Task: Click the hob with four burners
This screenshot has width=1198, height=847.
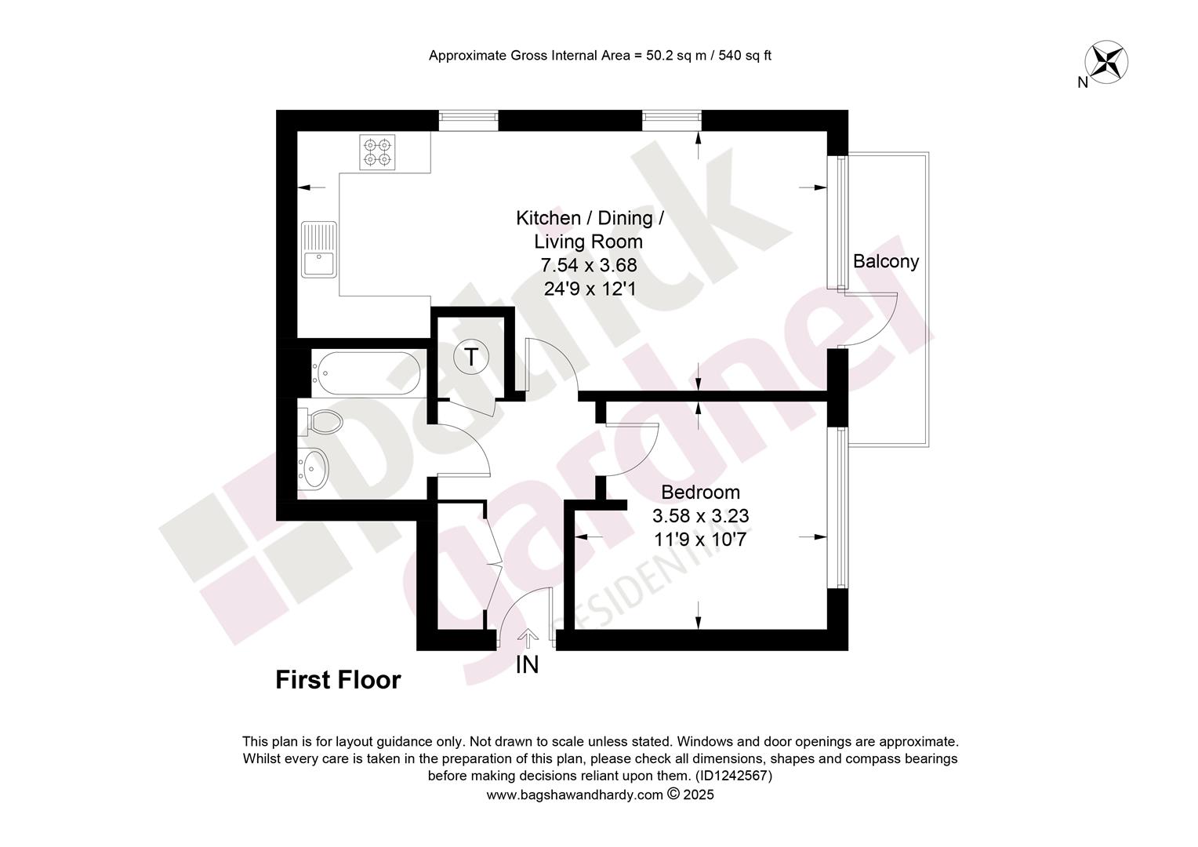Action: [x=377, y=152]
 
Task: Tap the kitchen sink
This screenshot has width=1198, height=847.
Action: [x=319, y=249]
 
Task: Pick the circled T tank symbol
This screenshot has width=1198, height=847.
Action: [x=470, y=356]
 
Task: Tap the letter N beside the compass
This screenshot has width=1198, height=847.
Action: [x=1083, y=83]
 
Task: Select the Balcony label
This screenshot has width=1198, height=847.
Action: [x=886, y=262]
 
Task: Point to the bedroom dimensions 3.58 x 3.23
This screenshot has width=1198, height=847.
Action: [x=701, y=516]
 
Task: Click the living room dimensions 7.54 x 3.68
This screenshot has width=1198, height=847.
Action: [x=589, y=265]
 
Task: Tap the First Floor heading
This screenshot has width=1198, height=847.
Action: [x=338, y=680]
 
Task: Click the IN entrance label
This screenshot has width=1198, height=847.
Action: [x=527, y=665]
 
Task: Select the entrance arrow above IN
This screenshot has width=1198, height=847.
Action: [x=528, y=639]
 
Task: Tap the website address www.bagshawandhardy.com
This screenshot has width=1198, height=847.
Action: [x=575, y=794]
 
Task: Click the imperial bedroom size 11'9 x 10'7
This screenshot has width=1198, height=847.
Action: [x=700, y=540]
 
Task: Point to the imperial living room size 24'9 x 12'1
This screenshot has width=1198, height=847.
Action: [x=590, y=289]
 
